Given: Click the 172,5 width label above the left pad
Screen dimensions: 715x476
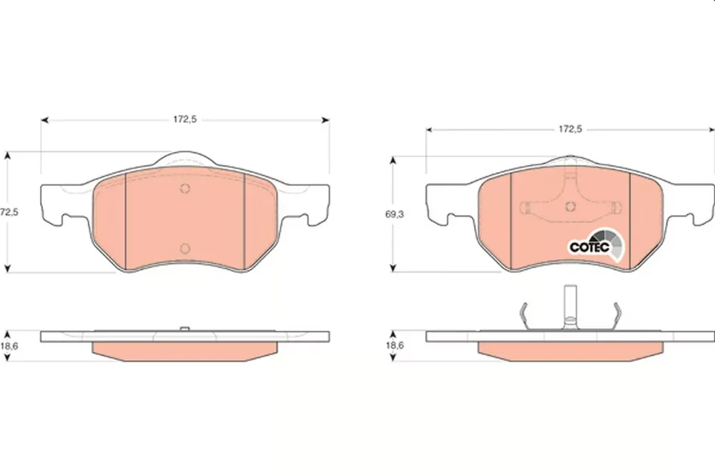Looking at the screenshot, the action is [184, 119].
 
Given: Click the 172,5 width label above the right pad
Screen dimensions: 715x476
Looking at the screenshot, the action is [571, 129].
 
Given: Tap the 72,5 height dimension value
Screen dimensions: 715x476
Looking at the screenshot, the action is [9, 212].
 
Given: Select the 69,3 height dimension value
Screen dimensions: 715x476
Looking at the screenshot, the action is [395, 214].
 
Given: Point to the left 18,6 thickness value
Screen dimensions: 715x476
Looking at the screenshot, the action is [9, 346].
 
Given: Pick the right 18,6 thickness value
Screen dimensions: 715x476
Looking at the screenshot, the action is [395, 345].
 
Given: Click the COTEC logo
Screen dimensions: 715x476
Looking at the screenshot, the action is [596, 246].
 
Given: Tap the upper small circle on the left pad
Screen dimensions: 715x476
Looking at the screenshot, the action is [184, 188].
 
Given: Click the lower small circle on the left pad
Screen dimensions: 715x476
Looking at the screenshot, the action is [184, 248].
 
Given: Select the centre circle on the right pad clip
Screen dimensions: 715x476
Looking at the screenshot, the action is [570, 207].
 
